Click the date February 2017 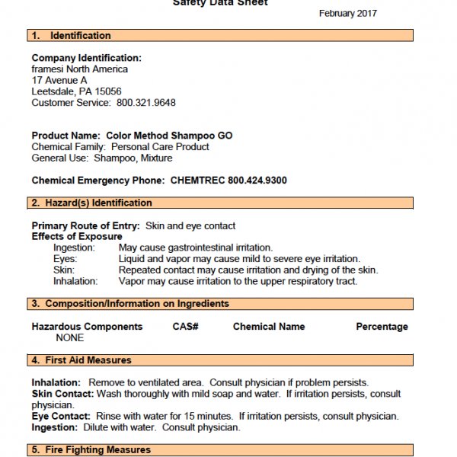[x=347, y=13]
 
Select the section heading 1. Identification [x=71, y=36]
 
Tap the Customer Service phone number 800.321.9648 [x=145, y=102]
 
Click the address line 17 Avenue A [x=59, y=80]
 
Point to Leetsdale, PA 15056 [x=76, y=91]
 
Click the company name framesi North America [x=80, y=69]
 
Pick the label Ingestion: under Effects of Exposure [x=75, y=248]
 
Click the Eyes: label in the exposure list [x=65, y=259]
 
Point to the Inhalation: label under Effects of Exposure [x=75, y=281]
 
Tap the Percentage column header [x=382, y=327]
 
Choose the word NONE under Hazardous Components [x=70, y=338]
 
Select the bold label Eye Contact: [x=61, y=416]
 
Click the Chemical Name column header [x=269, y=327]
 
